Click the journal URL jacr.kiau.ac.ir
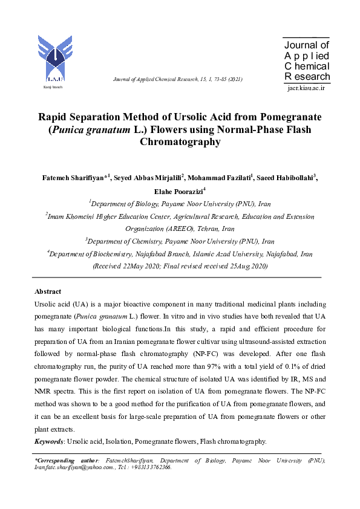(306, 88)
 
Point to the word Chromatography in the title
(180, 143)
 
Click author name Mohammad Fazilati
(220, 178)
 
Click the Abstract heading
(48, 291)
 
